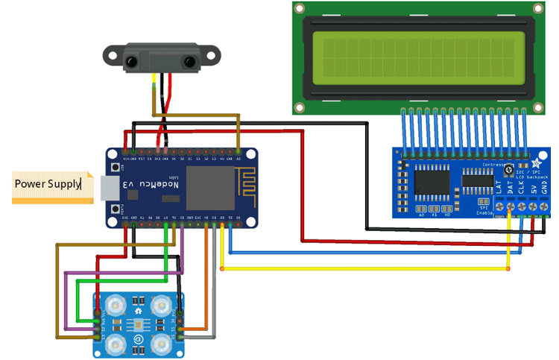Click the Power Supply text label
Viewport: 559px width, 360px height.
tap(48, 183)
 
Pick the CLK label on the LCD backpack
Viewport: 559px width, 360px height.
tap(521, 187)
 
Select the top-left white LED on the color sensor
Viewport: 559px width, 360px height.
tap(115, 306)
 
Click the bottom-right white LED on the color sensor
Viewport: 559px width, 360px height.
tap(160, 344)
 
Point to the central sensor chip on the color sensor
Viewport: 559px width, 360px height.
tap(138, 325)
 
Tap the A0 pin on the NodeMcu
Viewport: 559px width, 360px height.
tap(238, 158)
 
